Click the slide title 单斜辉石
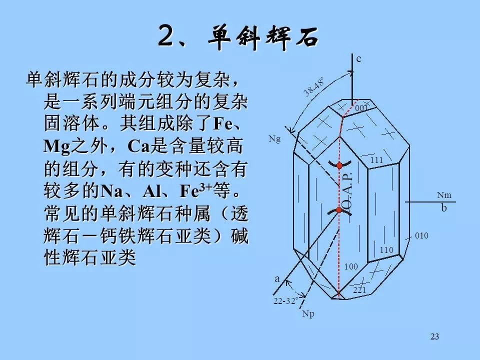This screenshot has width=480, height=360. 263,38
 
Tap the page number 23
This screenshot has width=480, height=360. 434,336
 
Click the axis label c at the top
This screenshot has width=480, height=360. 359,58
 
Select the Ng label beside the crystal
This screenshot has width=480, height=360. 274,139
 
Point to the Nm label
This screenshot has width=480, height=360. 444,195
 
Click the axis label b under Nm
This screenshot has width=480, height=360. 444,208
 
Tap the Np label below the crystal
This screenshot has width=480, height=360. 308,314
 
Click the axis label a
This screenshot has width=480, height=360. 277,279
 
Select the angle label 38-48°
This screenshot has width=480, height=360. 314,87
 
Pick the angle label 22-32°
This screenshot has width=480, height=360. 285,301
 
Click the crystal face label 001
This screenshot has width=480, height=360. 361,108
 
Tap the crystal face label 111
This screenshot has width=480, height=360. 376,160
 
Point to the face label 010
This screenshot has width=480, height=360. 421,235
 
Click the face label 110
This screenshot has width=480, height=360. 386,250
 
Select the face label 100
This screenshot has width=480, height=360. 351,266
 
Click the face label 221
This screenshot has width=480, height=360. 359,289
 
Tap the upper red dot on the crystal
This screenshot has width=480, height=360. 339,166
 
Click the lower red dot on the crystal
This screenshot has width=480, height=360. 339,210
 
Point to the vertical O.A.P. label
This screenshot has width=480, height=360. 348,193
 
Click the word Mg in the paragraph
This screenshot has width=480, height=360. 57,146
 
